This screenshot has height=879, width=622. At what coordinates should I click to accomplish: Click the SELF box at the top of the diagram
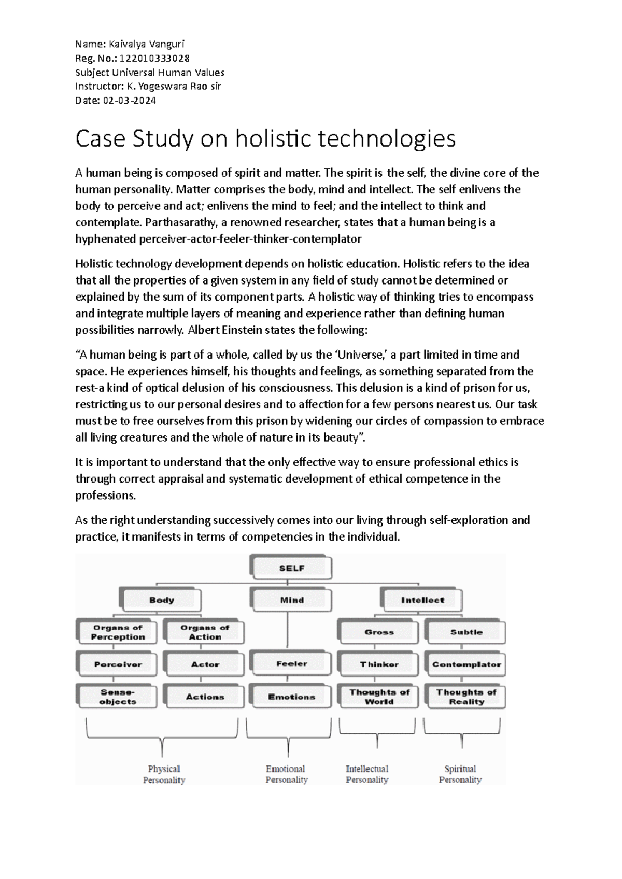291,568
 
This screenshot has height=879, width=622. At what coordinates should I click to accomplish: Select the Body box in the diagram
161,600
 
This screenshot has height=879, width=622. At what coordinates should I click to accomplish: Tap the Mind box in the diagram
292,600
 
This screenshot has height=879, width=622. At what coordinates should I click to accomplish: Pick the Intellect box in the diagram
422,600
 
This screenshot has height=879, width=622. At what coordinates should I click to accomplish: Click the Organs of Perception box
118,632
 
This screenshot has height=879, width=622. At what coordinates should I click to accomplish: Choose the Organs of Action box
205,632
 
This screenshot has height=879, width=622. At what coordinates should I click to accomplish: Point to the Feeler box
292,663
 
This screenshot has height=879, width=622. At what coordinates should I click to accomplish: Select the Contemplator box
466,664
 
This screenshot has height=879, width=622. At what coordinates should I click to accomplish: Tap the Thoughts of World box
379,697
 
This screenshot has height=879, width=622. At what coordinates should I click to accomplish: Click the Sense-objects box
118,697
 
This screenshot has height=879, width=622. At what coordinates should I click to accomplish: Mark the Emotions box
292,697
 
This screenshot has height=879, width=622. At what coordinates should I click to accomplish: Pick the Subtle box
466,632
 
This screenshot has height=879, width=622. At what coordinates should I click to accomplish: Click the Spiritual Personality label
460,774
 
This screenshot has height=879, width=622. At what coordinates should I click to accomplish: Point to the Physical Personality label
164,774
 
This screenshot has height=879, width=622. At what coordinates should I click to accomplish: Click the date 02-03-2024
130,101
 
